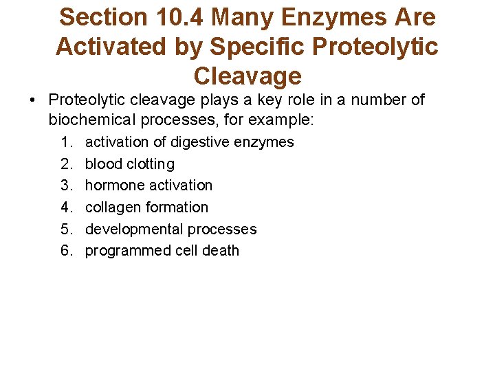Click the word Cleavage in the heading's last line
tap(247, 76)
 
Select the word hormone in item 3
tap(111, 185)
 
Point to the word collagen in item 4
tap(111, 207)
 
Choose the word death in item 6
tap(221, 251)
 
